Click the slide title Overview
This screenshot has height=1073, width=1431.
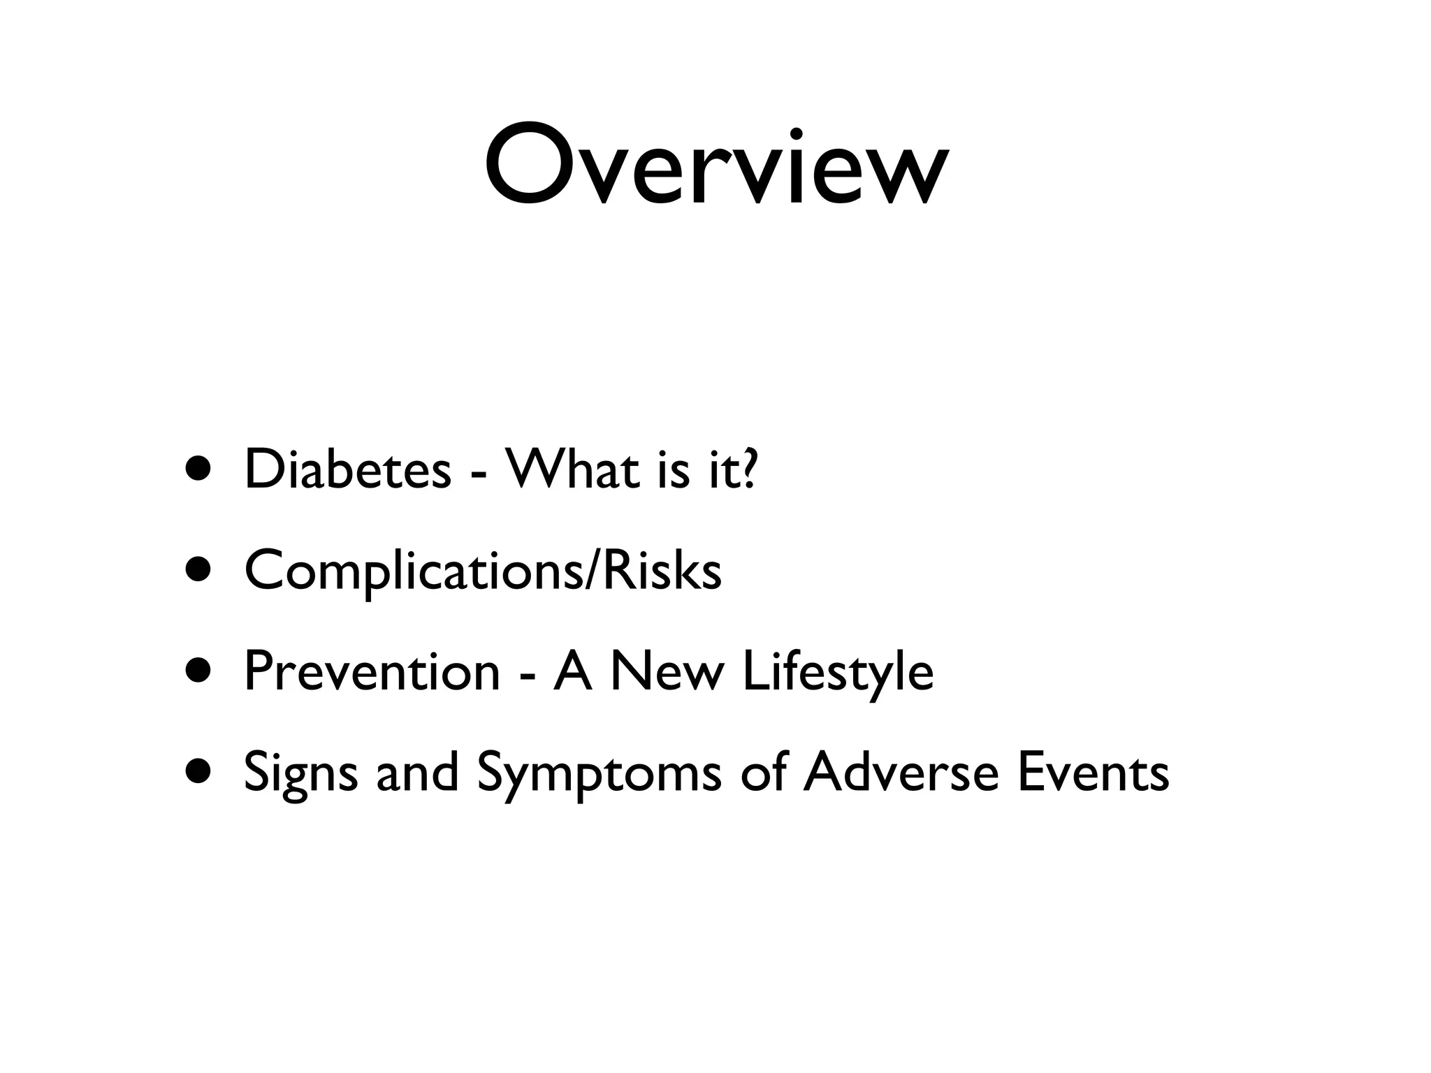coord(715,166)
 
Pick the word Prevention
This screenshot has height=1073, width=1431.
coord(372,671)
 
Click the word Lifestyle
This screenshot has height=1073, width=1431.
coord(838,672)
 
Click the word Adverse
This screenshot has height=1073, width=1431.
coord(901,772)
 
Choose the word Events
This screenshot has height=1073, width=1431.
coord(1093,772)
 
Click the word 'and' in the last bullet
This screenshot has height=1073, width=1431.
coord(417,772)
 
